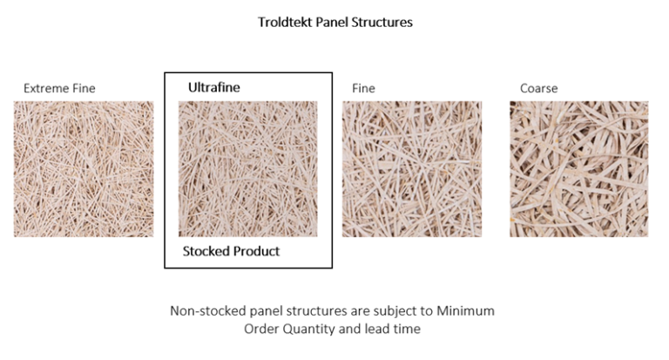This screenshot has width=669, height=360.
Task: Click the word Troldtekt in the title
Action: click(x=285, y=23)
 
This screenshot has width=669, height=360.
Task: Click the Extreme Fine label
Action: click(x=59, y=88)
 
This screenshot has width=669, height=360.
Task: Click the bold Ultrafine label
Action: click(x=213, y=87)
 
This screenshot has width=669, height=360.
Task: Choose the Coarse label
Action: click(x=538, y=88)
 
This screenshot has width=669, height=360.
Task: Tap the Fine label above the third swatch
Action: click(x=363, y=88)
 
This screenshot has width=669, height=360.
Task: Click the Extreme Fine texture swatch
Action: click(x=84, y=169)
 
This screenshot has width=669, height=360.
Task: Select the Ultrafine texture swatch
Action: click(x=247, y=169)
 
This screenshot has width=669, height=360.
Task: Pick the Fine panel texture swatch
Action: click(x=411, y=169)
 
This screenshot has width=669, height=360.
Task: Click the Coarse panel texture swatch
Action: click(x=578, y=169)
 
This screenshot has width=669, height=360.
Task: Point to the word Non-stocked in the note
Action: click(x=208, y=310)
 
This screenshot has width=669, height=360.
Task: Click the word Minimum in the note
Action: click(x=470, y=310)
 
